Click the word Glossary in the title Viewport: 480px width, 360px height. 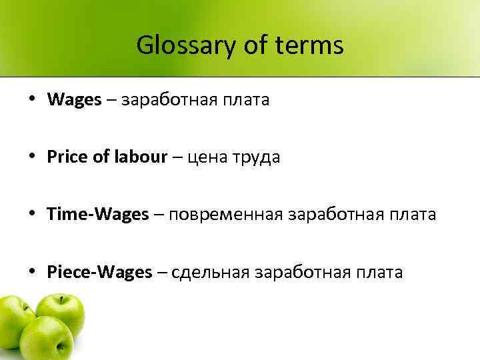tap(179, 46)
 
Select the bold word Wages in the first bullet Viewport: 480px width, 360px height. tap(75, 100)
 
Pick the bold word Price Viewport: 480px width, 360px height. tap(64, 157)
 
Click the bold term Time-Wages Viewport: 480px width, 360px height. tap(98, 215)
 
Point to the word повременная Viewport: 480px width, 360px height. tap(226, 215)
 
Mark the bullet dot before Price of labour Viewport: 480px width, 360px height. tap(33, 157)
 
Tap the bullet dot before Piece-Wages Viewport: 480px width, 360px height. tap(33, 272)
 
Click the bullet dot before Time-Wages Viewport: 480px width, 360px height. tap(33, 215)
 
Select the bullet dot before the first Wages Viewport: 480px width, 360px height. tap(33, 100)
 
